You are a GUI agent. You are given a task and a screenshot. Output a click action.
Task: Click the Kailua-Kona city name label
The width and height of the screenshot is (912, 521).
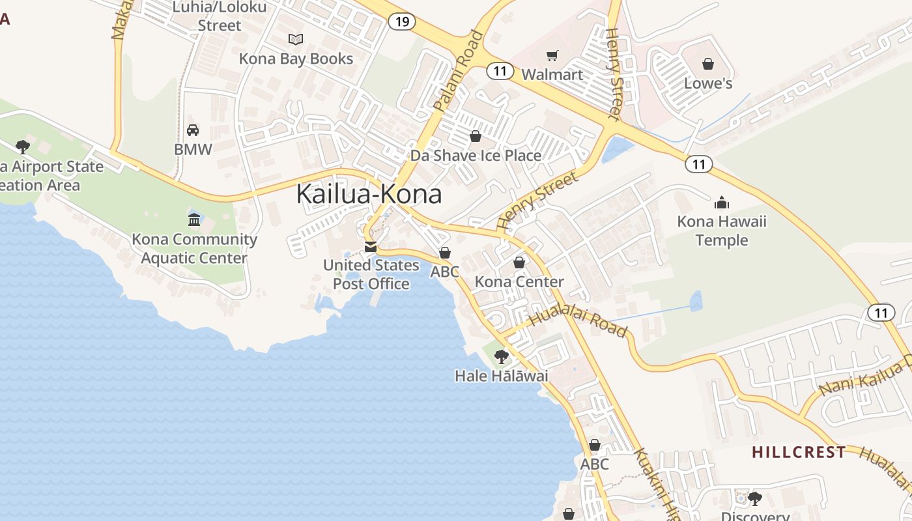(369, 194)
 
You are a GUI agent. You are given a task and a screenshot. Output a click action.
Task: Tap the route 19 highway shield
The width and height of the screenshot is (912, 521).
(402, 21)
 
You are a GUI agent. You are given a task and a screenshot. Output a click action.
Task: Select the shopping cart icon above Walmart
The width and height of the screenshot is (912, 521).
(552, 55)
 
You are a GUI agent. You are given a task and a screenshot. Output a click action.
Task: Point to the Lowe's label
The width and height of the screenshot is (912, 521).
(708, 83)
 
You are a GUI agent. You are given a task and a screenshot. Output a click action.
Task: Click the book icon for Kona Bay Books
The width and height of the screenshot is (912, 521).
(296, 39)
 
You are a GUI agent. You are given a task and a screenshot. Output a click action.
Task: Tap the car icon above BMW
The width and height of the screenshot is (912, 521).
(193, 130)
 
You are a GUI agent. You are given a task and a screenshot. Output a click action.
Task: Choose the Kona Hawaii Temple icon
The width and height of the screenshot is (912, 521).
(722, 202)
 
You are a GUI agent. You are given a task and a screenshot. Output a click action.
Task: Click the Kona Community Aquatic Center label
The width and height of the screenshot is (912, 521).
(194, 249)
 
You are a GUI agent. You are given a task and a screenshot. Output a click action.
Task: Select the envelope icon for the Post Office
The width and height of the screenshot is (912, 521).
(371, 247)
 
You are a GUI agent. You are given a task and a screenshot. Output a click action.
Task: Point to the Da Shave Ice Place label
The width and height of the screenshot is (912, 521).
(476, 156)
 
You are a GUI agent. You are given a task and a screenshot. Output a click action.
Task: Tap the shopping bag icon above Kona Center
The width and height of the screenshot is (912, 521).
(519, 262)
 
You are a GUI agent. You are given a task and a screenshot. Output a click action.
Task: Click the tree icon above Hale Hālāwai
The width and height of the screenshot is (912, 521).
(501, 356)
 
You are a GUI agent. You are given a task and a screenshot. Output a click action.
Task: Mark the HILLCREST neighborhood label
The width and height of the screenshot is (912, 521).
(799, 452)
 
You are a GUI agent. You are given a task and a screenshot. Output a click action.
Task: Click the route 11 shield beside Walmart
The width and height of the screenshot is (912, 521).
(500, 71)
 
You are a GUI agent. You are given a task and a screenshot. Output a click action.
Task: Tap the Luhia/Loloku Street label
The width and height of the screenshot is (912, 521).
(220, 17)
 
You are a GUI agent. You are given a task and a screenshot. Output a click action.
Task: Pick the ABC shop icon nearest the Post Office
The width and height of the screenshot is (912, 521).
(445, 253)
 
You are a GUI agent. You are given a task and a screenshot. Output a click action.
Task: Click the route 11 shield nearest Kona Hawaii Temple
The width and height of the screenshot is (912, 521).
(699, 164)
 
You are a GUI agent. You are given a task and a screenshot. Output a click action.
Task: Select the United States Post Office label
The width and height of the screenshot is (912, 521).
(371, 274)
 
